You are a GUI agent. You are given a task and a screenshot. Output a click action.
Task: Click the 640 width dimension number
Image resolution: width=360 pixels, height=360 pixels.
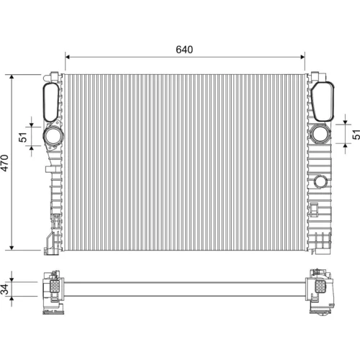[184, 50]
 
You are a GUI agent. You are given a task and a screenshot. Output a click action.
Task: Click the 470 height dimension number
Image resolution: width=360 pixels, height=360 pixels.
[4, 163]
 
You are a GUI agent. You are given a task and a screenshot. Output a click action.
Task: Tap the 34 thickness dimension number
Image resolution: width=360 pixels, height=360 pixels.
[5, 289]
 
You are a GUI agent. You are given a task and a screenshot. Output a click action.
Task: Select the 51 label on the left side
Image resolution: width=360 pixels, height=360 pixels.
[23, 137]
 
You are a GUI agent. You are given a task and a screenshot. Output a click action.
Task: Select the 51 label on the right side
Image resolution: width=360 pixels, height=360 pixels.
[356, 135]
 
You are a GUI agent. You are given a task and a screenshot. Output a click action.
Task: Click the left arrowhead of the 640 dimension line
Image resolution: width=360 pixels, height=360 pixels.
[68, 57]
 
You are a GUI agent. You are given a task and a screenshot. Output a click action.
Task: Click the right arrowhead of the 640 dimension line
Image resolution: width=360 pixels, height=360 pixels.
[302, 57]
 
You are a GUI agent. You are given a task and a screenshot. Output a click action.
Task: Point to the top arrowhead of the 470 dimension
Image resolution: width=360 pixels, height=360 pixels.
[12, 77]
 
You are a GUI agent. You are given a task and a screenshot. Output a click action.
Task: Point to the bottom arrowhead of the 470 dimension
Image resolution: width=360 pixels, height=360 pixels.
[12, 248]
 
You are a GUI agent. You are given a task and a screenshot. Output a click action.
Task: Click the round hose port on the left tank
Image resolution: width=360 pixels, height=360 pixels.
[53, 137]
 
